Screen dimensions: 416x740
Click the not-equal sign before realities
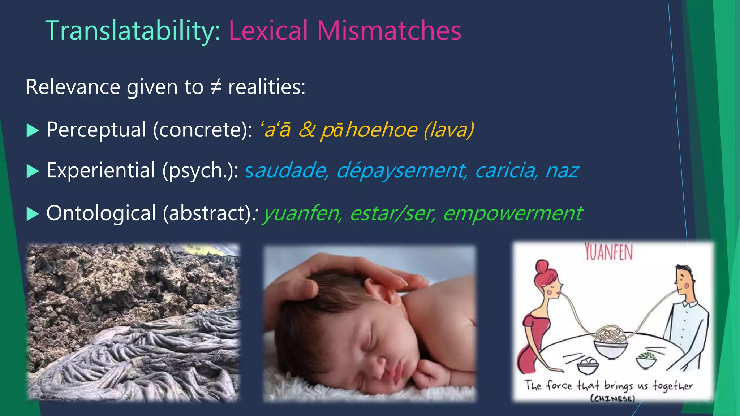[216, 87]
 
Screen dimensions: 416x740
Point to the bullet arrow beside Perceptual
[33, 130]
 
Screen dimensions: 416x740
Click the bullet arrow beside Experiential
[33, 171]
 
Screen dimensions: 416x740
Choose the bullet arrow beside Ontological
[33, 214]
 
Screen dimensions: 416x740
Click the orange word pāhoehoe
[369, 130]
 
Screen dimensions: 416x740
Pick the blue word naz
[562, 170]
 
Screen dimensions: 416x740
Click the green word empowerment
[512, 213]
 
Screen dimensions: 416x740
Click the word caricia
[506, 170]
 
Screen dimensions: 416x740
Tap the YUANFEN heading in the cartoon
[609, 252]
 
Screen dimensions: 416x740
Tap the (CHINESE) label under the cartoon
[612, 399]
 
